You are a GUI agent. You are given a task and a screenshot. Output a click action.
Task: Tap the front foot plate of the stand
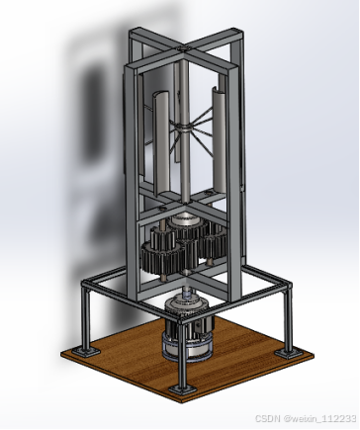click(x=183, y=389)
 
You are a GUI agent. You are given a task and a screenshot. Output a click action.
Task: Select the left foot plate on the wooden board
click(x=86, y=351)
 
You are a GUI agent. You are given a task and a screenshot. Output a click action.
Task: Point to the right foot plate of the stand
click(x=289, y=353)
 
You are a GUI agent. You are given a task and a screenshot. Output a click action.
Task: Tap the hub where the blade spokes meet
click(x=186, y=127)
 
